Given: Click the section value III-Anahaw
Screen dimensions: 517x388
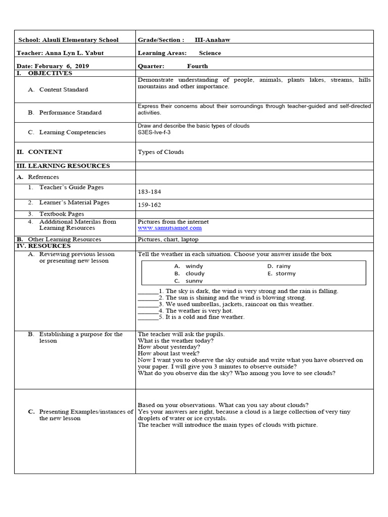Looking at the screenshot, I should [212, 40].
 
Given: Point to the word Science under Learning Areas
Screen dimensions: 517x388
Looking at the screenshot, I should [210, 53].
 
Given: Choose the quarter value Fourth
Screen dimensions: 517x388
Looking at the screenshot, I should [197, 66].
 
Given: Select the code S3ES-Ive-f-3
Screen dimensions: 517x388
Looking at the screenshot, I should [154, 132].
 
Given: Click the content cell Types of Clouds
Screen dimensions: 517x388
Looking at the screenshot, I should [161, 152].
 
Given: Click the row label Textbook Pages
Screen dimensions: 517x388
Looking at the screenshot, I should [62, 214].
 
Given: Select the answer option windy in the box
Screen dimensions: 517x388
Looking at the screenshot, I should [195, 266].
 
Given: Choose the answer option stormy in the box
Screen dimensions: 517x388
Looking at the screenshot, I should [286, 274].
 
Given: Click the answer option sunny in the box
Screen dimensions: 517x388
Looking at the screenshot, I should [194, 281].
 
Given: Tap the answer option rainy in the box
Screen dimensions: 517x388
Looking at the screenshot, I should [283, 266].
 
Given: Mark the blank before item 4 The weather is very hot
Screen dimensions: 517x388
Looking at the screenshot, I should [148, 311].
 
